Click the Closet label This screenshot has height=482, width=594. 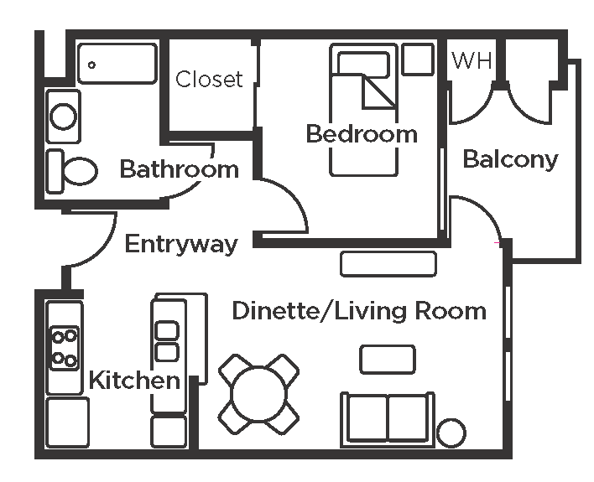[209, 79]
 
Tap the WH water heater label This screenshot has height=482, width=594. [472, 60]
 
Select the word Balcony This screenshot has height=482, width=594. [510, 159]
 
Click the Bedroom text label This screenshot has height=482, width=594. [362, 134]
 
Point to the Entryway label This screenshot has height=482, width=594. [181, 244]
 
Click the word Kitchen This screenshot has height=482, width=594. [134, 380]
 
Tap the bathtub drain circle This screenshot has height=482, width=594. [91, 65]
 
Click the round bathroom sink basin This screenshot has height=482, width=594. [63, 117]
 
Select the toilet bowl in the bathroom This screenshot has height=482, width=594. [80, 171]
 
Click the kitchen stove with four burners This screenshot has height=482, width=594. [65, 348]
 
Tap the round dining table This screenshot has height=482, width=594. [258, 394]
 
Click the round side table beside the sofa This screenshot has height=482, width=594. [451, 433]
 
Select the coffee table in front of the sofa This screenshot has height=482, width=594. [387, 360]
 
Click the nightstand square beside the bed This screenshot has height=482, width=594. [418, 60]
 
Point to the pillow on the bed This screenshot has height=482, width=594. [363, 64]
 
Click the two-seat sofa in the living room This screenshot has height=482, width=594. [387, 419]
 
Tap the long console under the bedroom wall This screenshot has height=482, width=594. [388, 264]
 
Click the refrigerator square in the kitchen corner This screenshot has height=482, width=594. [67, 422]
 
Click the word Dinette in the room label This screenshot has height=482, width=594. [274, 311]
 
